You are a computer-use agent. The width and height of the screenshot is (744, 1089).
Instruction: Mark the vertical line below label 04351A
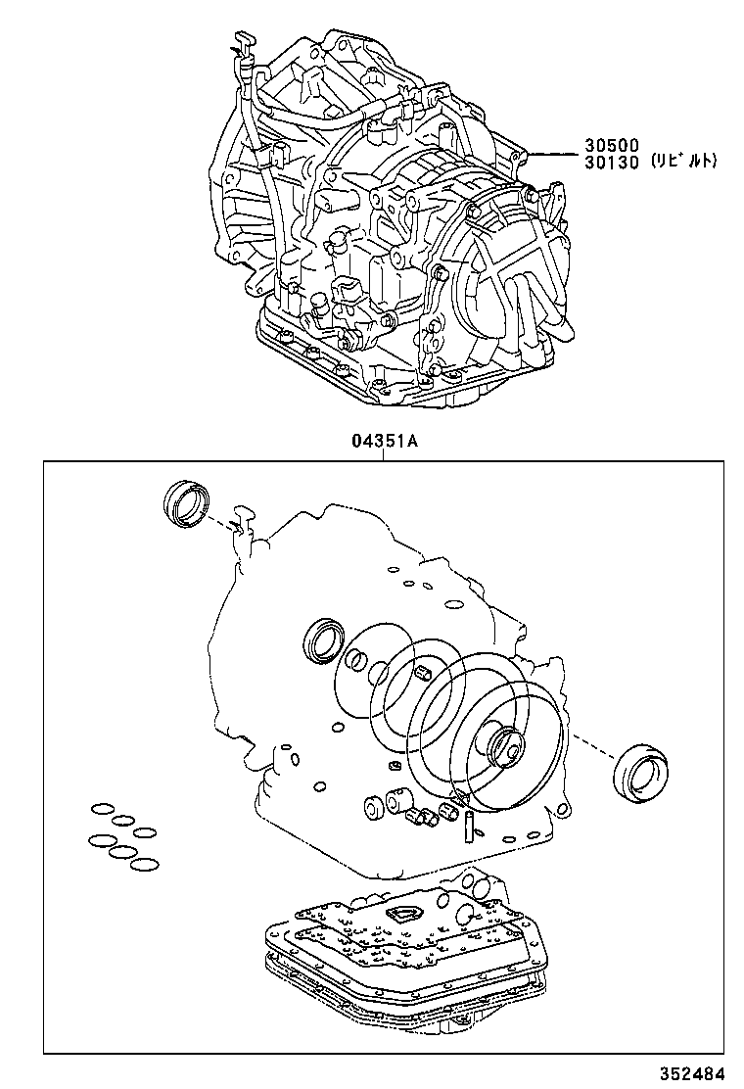pos(384,455)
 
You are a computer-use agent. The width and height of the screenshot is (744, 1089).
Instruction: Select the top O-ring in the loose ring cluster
pos(102,809)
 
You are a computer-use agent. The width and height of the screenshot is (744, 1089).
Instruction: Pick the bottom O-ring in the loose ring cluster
pos(143,865)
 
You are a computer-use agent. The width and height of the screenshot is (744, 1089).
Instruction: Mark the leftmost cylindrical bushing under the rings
pos(373,807)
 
